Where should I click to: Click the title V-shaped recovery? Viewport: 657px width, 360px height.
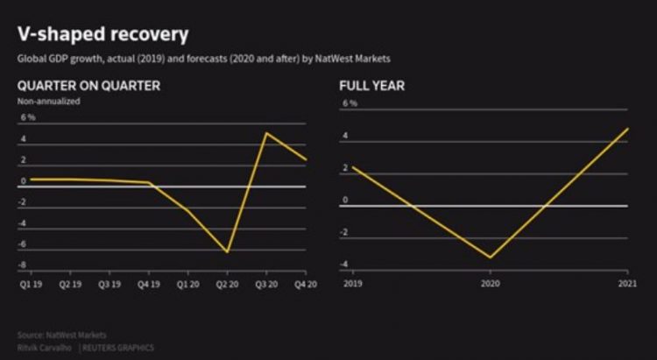pos(103,34)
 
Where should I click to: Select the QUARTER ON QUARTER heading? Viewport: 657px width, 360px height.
pos(88,85)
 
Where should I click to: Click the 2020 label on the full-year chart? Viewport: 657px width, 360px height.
pos(489,284)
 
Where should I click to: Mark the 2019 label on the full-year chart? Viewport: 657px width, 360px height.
pos(352,284)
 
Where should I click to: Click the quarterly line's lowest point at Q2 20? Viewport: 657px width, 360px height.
pos(228,252)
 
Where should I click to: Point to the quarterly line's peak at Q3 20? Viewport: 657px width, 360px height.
pos(265,133)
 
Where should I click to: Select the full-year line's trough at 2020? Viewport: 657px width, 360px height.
pos(490,258)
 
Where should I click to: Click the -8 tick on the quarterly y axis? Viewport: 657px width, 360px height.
pos(21,265)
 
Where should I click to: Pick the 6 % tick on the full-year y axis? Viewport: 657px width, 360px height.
pos(350,103)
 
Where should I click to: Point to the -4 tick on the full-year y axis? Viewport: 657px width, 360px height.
pos(347,265)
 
